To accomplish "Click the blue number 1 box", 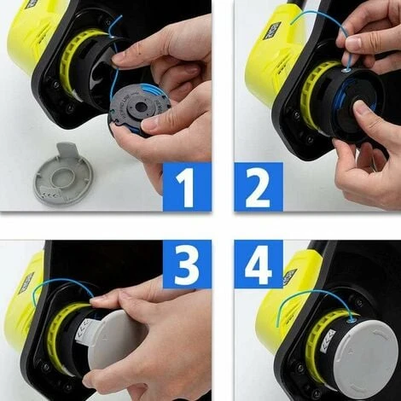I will [x=186, y=186].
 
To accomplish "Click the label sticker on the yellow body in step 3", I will [x=26, y=282].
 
